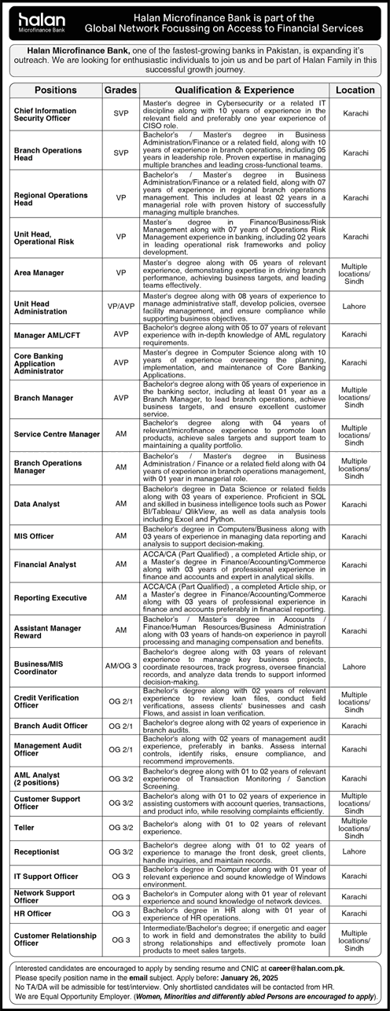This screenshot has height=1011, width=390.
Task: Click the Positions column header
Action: (56, 90)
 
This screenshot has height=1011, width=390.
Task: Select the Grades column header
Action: (120, 90)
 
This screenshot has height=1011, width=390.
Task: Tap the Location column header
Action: (355, 90)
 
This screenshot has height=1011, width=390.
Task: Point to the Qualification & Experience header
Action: (235, 90)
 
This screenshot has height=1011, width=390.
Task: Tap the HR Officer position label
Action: (33, 913)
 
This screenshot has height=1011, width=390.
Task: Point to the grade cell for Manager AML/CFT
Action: (120, 334)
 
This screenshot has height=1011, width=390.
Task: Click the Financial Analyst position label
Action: (45, 564)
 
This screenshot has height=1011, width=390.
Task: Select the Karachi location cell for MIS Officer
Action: (355, 535)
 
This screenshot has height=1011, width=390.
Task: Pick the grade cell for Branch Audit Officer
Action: (120, 726)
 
